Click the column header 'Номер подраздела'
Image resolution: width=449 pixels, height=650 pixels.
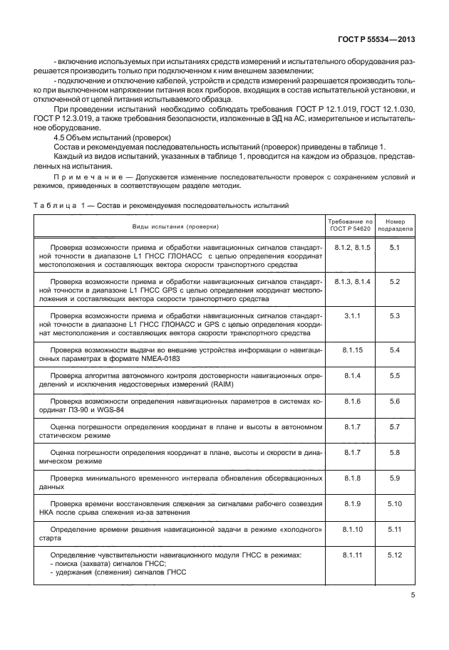pos(395,226)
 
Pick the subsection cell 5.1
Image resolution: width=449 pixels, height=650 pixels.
pos(395,247)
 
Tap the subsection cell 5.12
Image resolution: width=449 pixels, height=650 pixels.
pos(395,554)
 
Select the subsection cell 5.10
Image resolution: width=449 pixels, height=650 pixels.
pos(395,504)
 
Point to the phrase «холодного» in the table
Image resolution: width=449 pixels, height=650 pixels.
pos(294,530)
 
